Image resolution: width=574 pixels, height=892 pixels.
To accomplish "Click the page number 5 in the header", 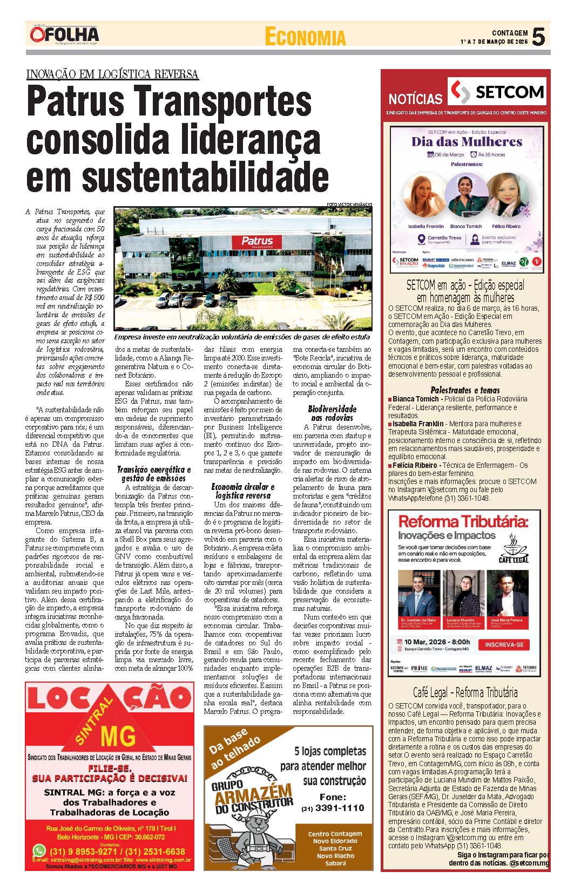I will coord(538,37).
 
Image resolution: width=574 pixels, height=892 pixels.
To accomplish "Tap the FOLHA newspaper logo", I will coord(65,36).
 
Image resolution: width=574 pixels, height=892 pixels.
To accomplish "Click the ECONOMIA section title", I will coord(305,37).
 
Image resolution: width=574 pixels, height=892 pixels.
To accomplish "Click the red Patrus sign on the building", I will coord(258,241).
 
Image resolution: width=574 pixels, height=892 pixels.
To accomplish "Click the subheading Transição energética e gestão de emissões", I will coord(154,474).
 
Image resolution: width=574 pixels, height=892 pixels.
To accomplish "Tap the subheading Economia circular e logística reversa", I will coord(243,491).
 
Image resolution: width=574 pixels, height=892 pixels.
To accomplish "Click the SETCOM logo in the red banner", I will coord(497,92).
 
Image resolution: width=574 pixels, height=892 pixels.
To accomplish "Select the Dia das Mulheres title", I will coord(467,142).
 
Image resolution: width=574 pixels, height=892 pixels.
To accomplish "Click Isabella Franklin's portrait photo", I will coord(426,195).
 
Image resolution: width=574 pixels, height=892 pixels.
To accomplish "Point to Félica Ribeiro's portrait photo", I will coord(506,195).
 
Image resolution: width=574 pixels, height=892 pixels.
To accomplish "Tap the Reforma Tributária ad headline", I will coord(462,522).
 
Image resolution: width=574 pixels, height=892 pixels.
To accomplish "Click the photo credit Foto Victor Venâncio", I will coord(349,205).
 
